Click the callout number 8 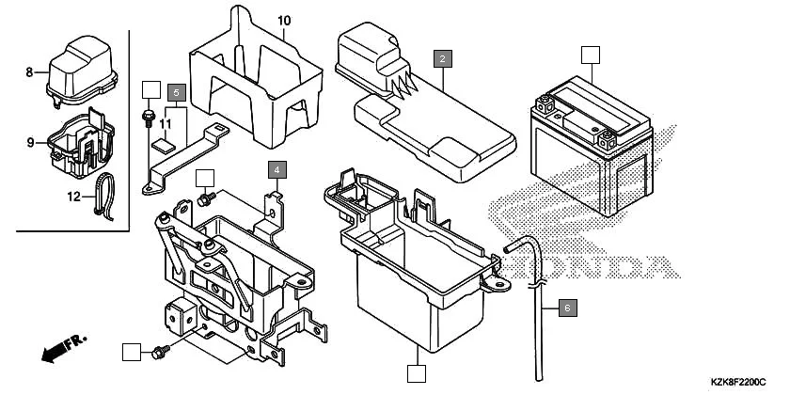(29, 72)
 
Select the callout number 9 (30, 143)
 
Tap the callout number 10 (284, 21)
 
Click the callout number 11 (165, 124)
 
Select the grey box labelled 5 (177, 92)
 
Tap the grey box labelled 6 (566, 307)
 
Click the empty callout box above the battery (589, 54)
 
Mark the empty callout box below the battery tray (416, 372)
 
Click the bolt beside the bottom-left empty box (161, 352)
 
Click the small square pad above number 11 (162, 145)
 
